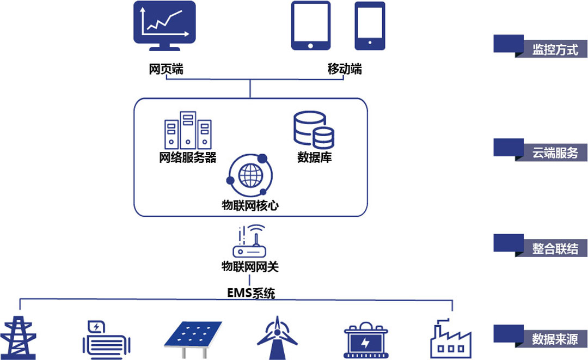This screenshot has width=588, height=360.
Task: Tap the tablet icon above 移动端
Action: [x=310, y=26]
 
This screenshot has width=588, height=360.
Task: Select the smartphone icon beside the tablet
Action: [x=370, y=26]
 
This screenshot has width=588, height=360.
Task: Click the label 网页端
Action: [x=166, y=70]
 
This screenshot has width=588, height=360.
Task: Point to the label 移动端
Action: [x=344, y=70]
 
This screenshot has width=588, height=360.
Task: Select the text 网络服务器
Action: [x=188, y=158]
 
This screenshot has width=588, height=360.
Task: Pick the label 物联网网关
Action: [x=250, y=267]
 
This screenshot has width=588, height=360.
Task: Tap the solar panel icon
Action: [x=193, y=335]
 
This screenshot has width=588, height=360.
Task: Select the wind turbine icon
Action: [x=278, y=338]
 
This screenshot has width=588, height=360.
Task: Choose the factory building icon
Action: [x=451, y=338]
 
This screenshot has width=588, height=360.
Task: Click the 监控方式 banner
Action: [x=554, y=50]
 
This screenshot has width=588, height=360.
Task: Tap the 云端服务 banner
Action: [x=554, y=153]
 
